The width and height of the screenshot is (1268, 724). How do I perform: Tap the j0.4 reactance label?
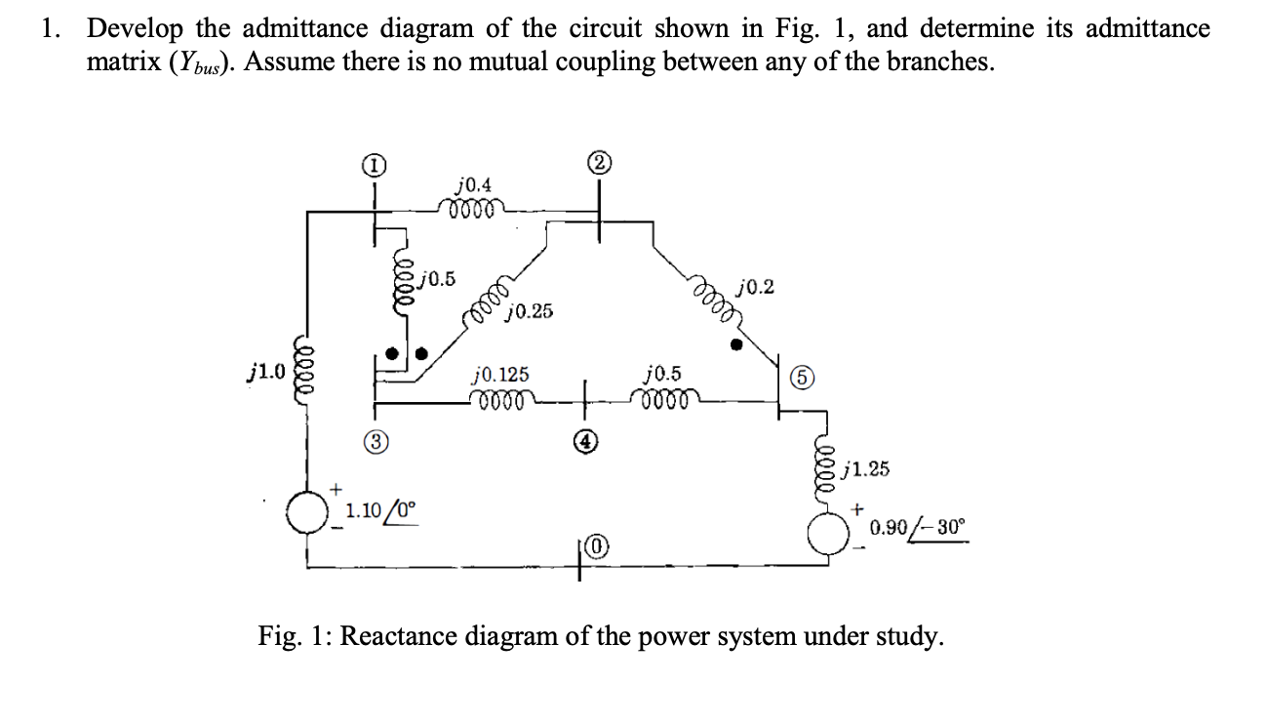474,183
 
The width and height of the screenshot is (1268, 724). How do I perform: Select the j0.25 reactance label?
531,311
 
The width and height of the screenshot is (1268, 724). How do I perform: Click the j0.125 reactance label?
500,374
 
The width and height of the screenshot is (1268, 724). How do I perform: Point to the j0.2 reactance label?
758,286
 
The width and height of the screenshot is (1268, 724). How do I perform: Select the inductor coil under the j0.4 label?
473,206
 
